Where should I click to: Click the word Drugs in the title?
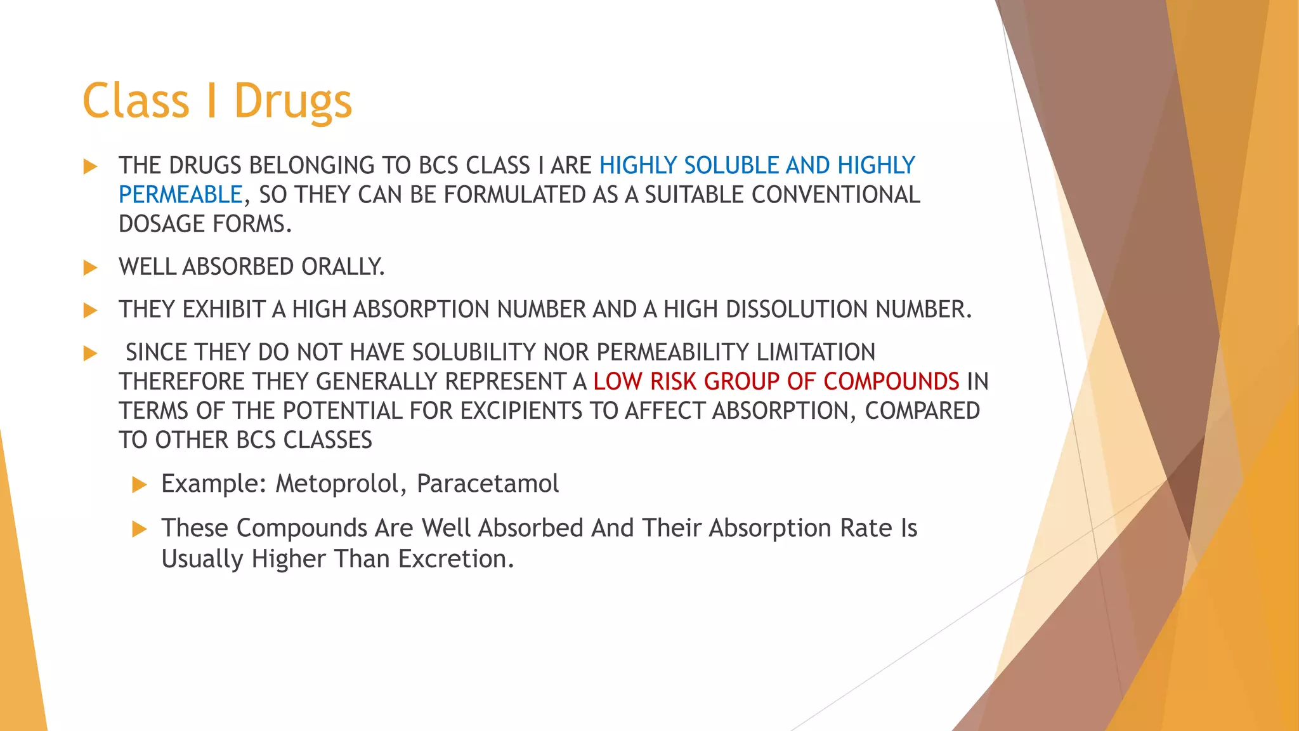(x=292, y=102)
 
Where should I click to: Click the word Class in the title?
(x=136, y=102)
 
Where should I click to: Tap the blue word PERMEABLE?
(x=181, y=195)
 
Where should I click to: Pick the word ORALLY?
(x=343, y=267)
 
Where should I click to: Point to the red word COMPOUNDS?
(x=891, y=381)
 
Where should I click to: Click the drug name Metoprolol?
(x=341, y=484)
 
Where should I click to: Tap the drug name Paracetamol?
(x=488, y=484)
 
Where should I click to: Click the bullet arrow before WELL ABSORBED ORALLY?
(x=90, y=268)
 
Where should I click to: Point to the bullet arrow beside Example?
(x=139, y=485)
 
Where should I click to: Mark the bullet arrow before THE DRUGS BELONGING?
(x=90, y=167)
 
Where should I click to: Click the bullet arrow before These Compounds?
(x=139, y=529)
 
